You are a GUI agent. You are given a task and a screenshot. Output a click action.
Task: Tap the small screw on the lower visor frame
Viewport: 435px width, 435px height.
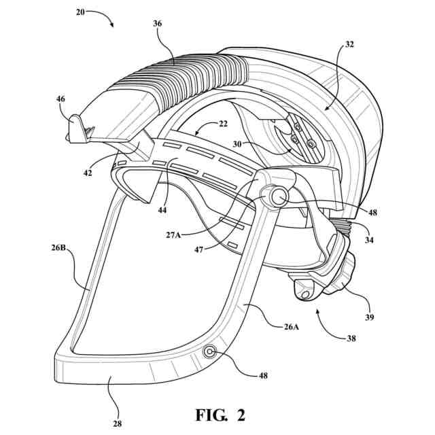[x=209, y=351]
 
